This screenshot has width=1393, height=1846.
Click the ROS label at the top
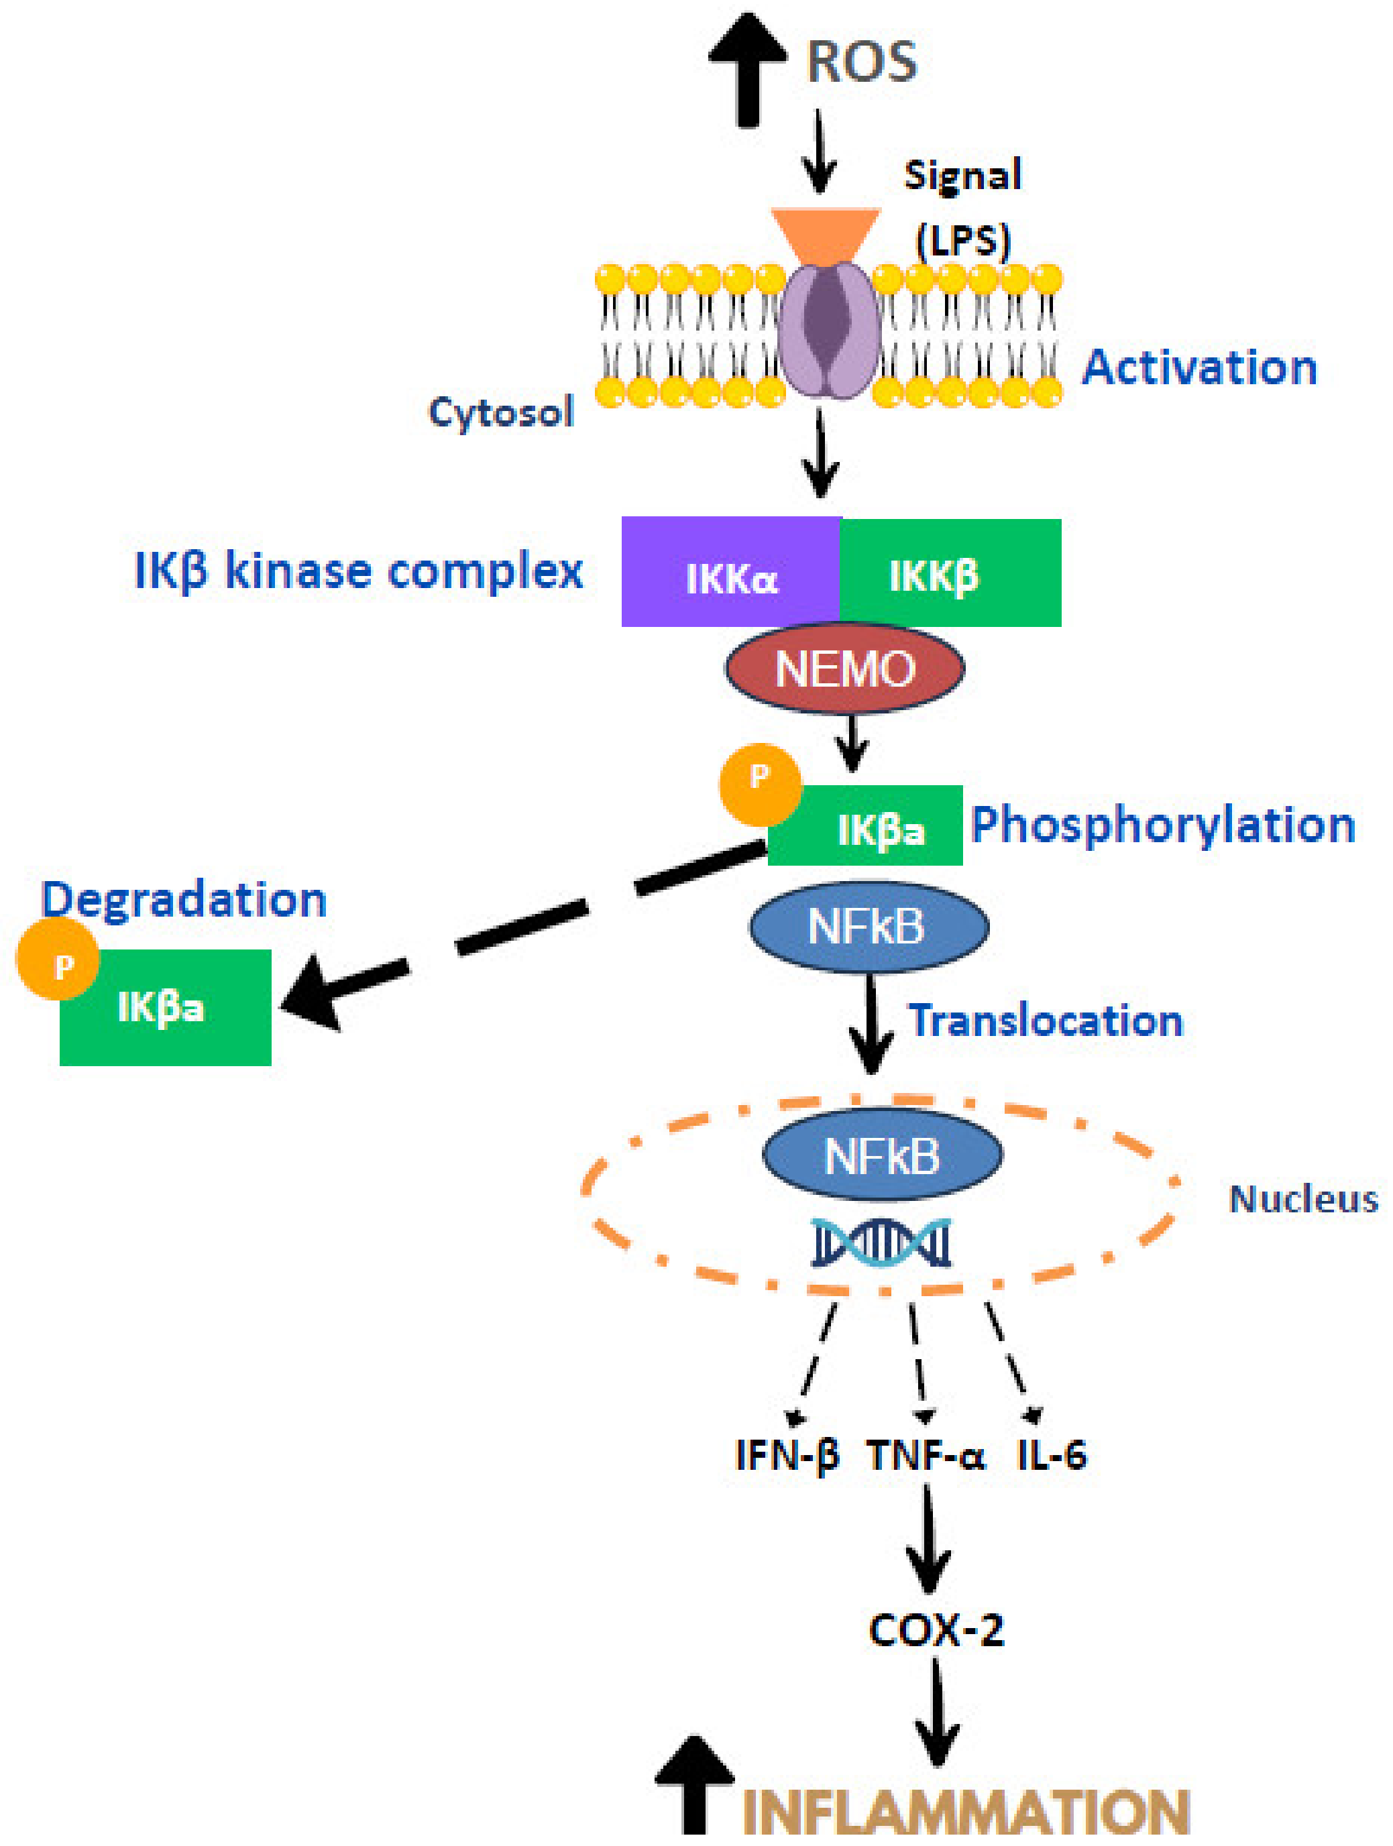861,62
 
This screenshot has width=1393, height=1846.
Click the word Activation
1199,367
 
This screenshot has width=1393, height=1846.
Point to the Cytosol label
501,412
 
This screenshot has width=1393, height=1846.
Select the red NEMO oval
844,669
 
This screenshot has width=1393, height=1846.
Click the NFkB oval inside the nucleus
882,1156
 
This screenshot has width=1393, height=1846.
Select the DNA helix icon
881,1243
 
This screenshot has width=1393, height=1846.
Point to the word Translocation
1046,1021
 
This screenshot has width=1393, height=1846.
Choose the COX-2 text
935,1630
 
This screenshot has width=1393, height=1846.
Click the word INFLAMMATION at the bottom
965,1812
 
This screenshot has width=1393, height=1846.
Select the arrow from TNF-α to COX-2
928,1540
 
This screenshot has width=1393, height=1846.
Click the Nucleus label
1303,1199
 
